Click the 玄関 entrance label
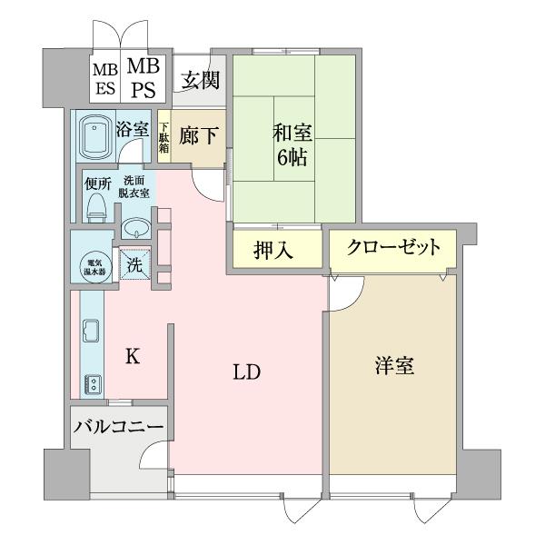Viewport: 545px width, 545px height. coord(199,80)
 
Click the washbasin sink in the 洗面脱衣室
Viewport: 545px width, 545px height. coord(136,226)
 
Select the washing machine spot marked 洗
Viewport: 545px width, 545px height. coord(134,266)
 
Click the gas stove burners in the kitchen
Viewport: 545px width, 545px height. coord(93,382)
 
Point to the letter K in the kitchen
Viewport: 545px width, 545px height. coord(133,357)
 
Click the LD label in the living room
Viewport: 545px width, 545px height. coord(246,372)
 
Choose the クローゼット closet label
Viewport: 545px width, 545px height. coord(392,246)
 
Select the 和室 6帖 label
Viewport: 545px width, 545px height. coord(292,145)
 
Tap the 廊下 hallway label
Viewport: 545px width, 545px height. coord(198,136)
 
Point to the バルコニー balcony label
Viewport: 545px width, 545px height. coord(118,426)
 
